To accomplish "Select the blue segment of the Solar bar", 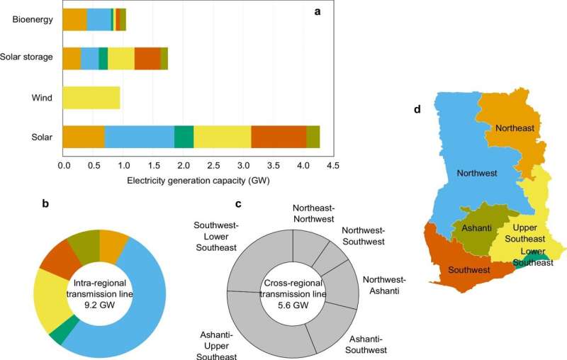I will tap(139, 135).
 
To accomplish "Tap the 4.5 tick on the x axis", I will tap(332, 167).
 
